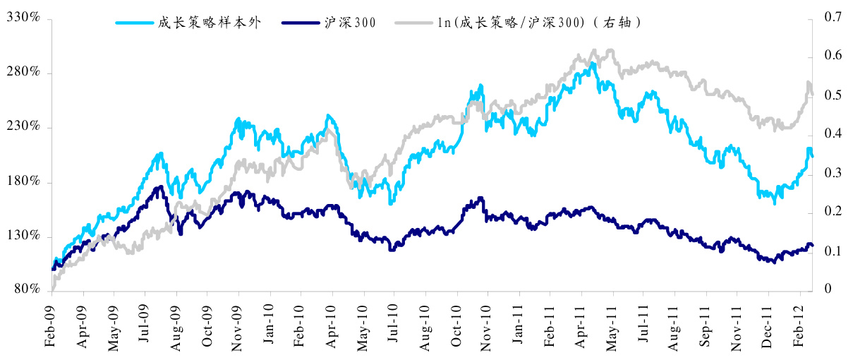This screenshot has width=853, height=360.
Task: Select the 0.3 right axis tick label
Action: (x=832, y=173)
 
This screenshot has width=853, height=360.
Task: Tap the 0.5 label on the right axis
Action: (x=832, y=95)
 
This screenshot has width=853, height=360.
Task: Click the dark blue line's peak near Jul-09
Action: (x=161, y=187)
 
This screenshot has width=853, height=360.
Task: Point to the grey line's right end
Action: (x=812, y=94)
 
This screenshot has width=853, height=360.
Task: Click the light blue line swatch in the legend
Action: (x=134, y=23)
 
